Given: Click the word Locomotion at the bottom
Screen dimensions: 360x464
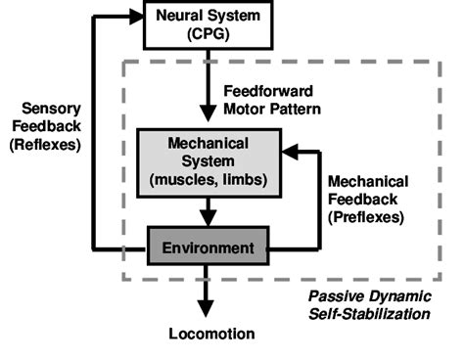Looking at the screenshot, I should pos(209,334).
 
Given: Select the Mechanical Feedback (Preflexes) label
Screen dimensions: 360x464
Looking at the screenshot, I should pos(369,199).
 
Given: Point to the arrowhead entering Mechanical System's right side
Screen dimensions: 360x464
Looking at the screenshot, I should pos(288,153).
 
